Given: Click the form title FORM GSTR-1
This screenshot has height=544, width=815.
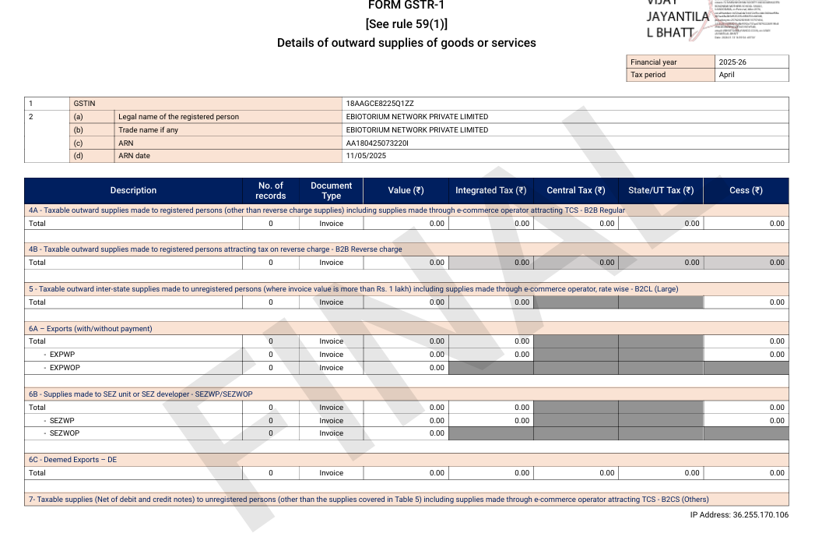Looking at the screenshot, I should (406, 5).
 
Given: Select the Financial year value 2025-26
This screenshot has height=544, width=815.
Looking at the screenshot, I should (732, 62).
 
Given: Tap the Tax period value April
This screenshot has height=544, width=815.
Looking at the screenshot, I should (726, 75).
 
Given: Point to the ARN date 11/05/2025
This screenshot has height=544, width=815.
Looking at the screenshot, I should (366, 156).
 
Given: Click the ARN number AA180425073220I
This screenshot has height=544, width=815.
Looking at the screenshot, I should (378, 143).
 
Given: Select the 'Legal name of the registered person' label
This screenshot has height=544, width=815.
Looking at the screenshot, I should (178, 117).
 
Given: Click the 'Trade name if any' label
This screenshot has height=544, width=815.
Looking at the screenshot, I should (148, 130).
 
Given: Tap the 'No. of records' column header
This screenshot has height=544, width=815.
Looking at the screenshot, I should (270, 191).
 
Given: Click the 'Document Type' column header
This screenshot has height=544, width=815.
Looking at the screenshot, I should (331, 191).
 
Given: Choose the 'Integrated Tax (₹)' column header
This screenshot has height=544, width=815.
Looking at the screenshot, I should (490, 191).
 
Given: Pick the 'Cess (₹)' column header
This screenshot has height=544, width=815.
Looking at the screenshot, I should (745, 191).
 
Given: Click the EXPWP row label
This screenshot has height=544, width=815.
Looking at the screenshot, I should (62, 355).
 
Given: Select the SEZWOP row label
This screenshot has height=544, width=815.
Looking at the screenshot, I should (65, 433).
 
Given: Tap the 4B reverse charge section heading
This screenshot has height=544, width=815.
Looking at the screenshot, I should (216, 249).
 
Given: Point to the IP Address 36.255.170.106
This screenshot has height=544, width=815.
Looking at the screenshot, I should (739, 515).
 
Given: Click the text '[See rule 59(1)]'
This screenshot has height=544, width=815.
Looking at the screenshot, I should (406, 24).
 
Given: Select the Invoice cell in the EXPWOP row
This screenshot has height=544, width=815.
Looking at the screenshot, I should (331, 368).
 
